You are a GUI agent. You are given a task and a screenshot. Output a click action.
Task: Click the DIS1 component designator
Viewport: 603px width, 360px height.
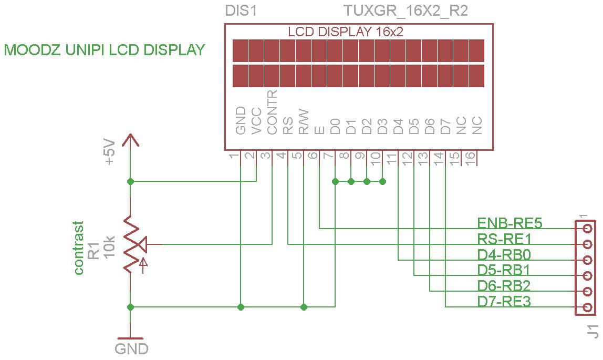(x=241, y=11)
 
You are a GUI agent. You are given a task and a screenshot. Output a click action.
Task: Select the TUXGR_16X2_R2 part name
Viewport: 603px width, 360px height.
(x=405, y=11)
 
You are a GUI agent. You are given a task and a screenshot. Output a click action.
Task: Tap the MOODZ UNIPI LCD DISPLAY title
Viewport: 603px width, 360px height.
(x=105, y=50)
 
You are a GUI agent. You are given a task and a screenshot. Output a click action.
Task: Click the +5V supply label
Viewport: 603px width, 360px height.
(x=109, y=152)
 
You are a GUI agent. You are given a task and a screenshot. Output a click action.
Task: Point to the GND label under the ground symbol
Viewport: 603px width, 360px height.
(x=131, y=348)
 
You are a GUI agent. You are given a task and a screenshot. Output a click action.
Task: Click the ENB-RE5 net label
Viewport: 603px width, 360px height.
(x=510, y=223)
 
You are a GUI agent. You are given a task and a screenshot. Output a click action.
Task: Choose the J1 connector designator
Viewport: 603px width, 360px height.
(x=593, y=332)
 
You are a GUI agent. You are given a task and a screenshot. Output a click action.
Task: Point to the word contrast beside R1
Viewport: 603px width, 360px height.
(x=79, y=248)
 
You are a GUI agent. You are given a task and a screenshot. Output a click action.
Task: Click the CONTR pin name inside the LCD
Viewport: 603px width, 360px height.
(x=272, y=112)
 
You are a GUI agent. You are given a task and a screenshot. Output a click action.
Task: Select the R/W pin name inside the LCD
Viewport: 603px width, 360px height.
(x=304, y=122)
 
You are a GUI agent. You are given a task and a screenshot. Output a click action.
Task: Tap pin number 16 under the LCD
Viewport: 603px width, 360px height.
(x=471, y=157)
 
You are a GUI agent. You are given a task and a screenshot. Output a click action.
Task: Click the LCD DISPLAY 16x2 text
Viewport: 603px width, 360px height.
(x=346, y=32)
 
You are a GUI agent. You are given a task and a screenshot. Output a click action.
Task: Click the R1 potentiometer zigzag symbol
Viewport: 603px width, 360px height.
(x=131, y=244)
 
